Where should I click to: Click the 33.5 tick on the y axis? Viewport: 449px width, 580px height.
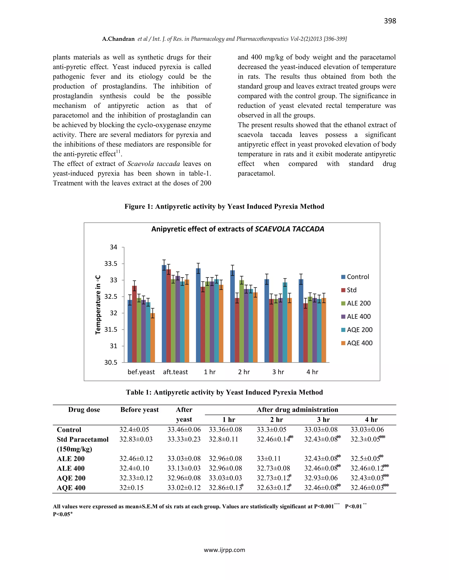(x=111, y=264)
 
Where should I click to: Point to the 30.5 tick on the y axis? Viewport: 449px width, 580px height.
(x=111, y=362)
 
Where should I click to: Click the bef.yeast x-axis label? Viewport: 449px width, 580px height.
(x=141, y=372)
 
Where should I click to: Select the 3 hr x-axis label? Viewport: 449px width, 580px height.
(x=278, y=372)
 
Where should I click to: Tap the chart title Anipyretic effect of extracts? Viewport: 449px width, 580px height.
(x=237, y=229)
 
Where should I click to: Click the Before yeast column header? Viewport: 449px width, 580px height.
(x=139, y=410)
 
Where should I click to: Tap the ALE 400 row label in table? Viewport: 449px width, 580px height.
(x=71, y=468)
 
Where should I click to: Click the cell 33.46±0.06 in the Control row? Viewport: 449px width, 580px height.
(x=184, y=429)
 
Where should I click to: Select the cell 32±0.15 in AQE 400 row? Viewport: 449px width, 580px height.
(x=131, y=488)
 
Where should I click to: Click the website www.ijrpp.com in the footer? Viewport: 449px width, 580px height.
(x=224, y=550)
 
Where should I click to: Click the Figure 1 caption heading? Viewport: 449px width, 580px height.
(x=224, y=206)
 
